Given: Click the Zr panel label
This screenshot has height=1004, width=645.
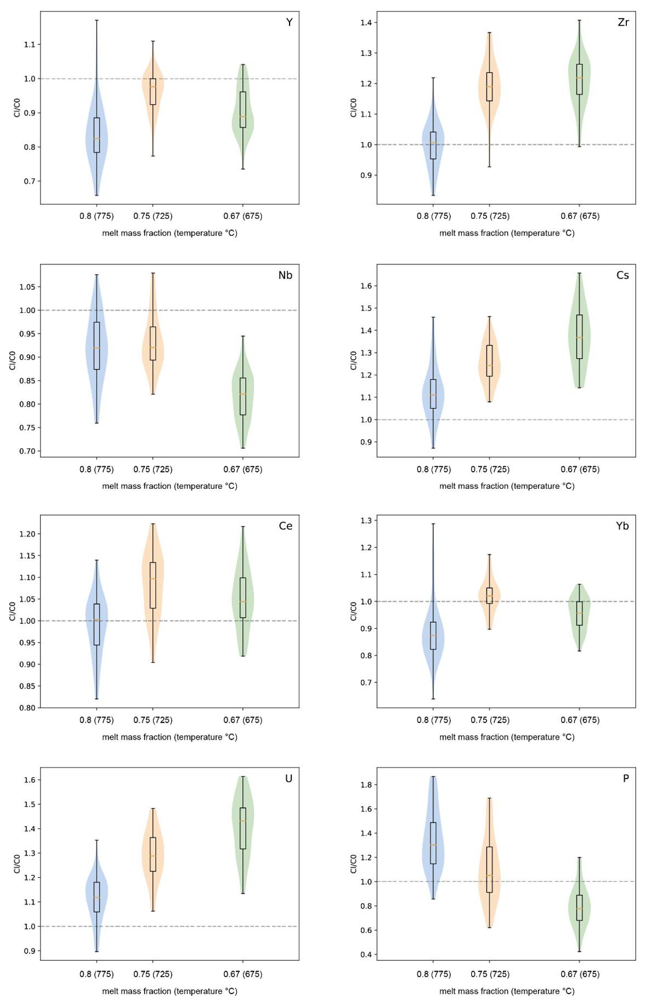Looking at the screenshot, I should (623, 22).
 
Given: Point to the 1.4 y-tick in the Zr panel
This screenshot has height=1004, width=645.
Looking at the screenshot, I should (366, 22).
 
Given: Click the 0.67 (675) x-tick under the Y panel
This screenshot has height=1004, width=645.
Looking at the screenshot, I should (243, 216).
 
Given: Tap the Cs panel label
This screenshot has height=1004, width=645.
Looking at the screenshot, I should (623, 275).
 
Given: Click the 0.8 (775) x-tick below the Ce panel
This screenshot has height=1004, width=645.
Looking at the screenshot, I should (97, 720).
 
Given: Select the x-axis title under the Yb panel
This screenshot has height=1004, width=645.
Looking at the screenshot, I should (507, 737).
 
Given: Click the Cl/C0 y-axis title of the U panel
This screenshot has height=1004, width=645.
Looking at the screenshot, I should (16, 864).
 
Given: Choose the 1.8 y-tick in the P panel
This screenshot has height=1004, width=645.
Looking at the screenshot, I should (366, 785).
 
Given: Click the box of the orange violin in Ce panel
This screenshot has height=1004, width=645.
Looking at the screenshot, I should (153, 585).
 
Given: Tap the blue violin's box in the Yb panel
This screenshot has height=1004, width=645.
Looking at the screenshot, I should (433, 635).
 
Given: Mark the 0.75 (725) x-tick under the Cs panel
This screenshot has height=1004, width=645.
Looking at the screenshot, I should (490, 469).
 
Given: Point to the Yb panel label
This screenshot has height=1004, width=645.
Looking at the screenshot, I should (622, 526).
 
